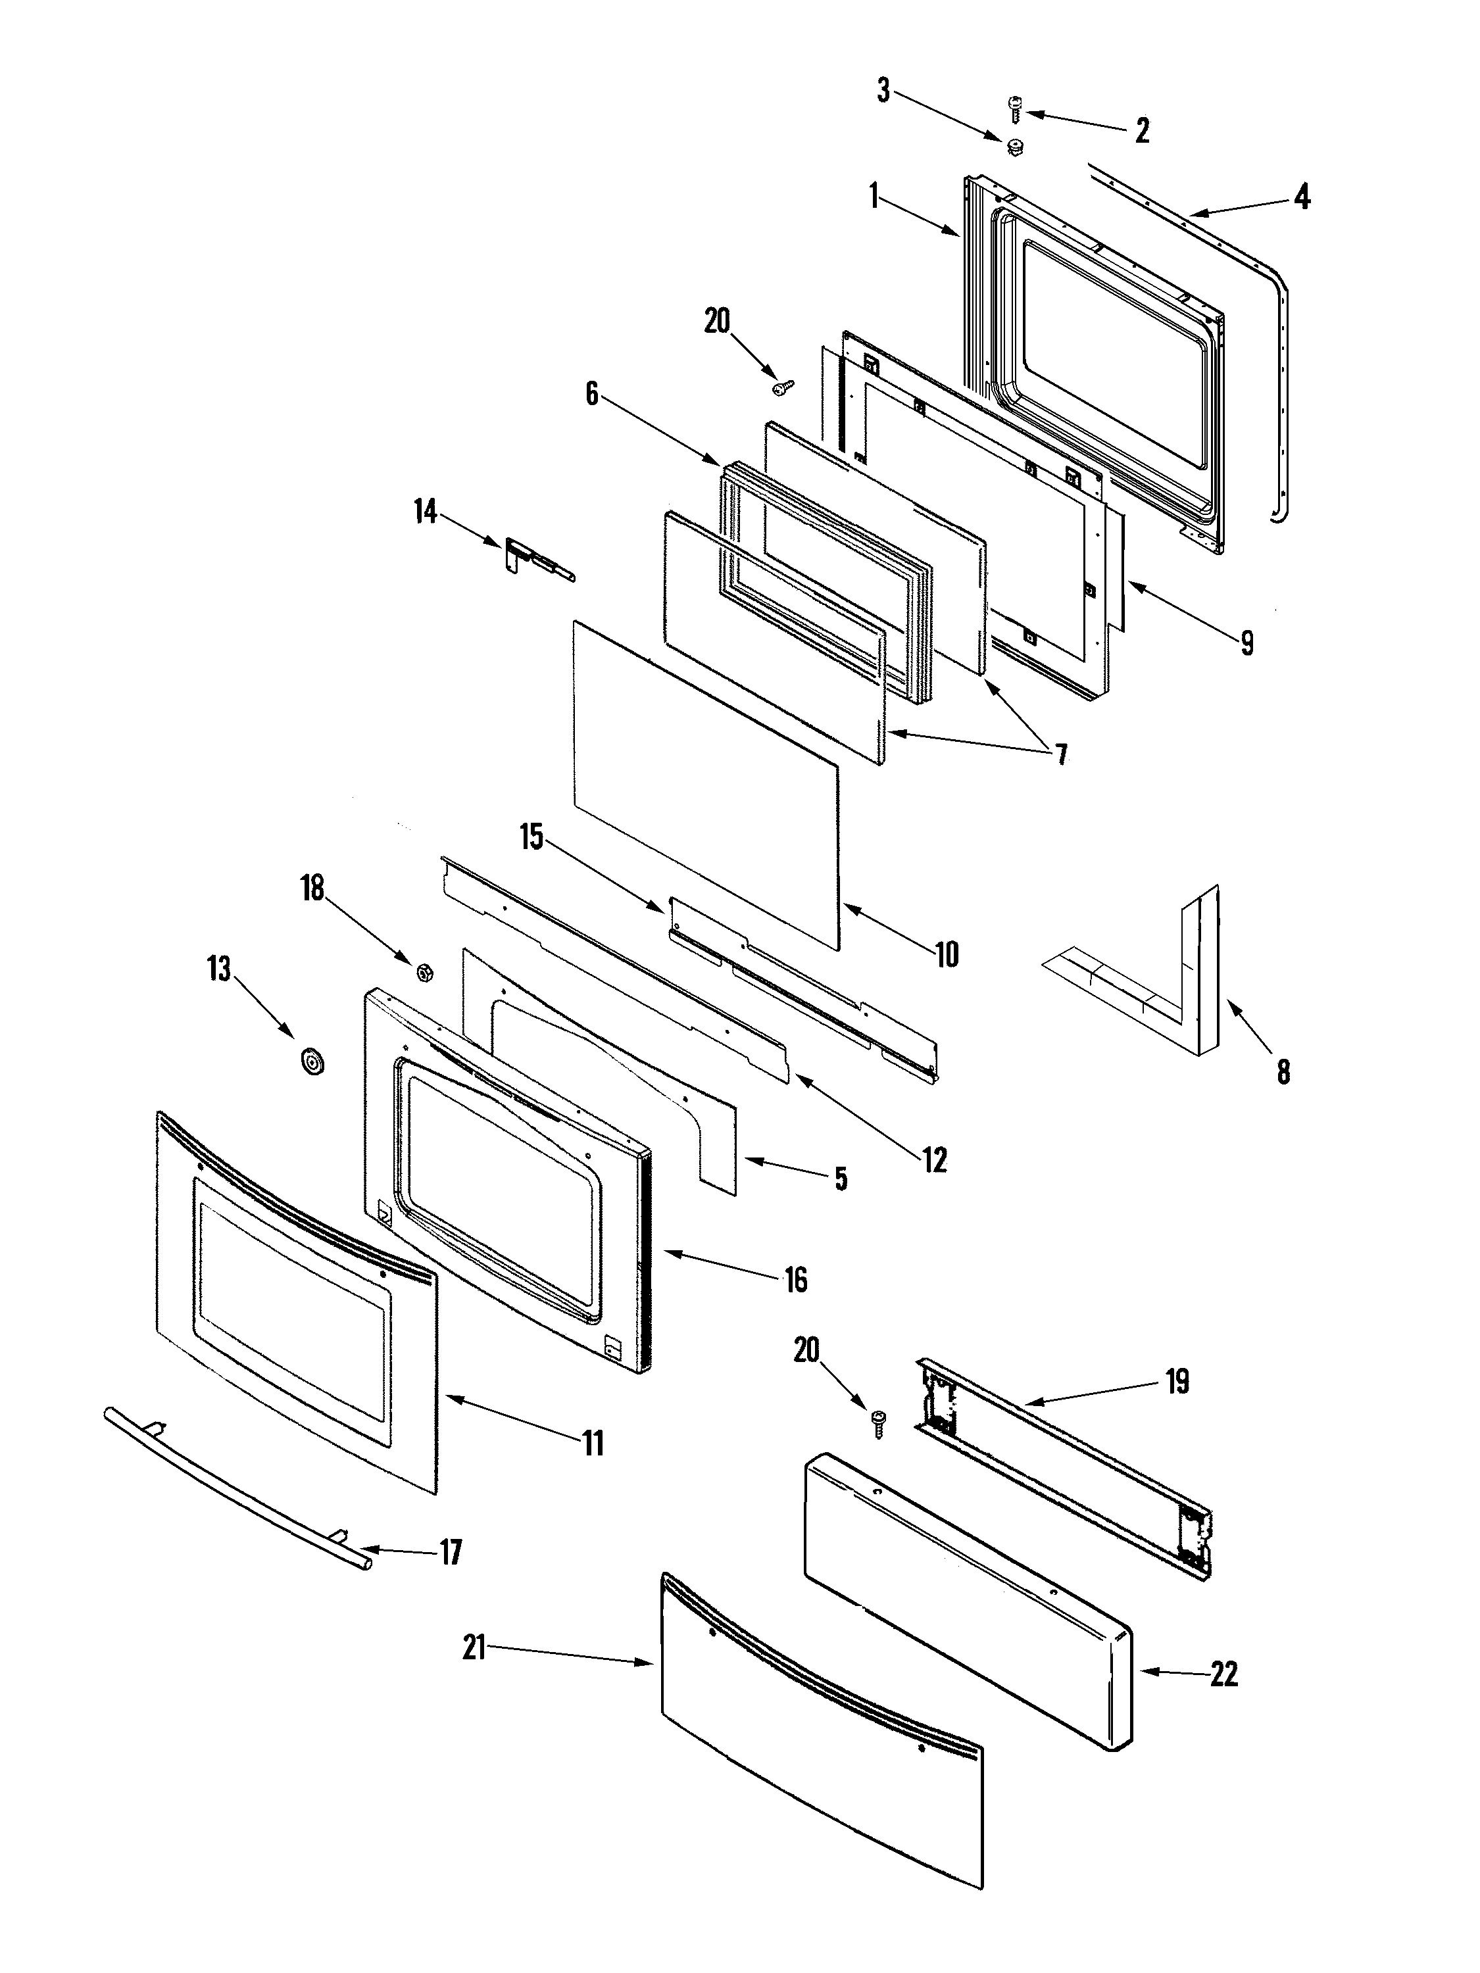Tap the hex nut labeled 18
(426, 971)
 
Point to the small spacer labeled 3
(1014, 147)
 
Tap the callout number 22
(1224, 1674)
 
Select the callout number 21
(474, 1647)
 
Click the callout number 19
(1177, 1382)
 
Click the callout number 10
(947, 954)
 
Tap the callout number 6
(591, 393)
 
